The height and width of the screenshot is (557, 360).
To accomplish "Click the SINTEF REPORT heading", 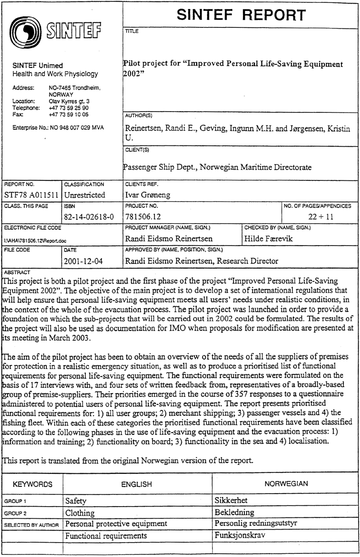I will pos(241,15).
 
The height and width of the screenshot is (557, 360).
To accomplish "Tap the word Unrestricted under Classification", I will pos(85,195).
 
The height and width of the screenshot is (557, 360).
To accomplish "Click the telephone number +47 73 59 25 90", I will pos(69,108).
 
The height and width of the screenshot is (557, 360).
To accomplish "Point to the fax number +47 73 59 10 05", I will pos(69,115).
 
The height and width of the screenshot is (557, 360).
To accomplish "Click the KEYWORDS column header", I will pos(32,484).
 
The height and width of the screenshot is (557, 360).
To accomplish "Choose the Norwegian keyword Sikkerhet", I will pos(231,500).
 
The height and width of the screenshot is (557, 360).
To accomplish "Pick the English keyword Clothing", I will pos(80,512).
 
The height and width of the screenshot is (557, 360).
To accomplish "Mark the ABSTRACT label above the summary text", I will pos(16,272).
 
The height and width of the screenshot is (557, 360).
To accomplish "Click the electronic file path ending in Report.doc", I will pos(31,240).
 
